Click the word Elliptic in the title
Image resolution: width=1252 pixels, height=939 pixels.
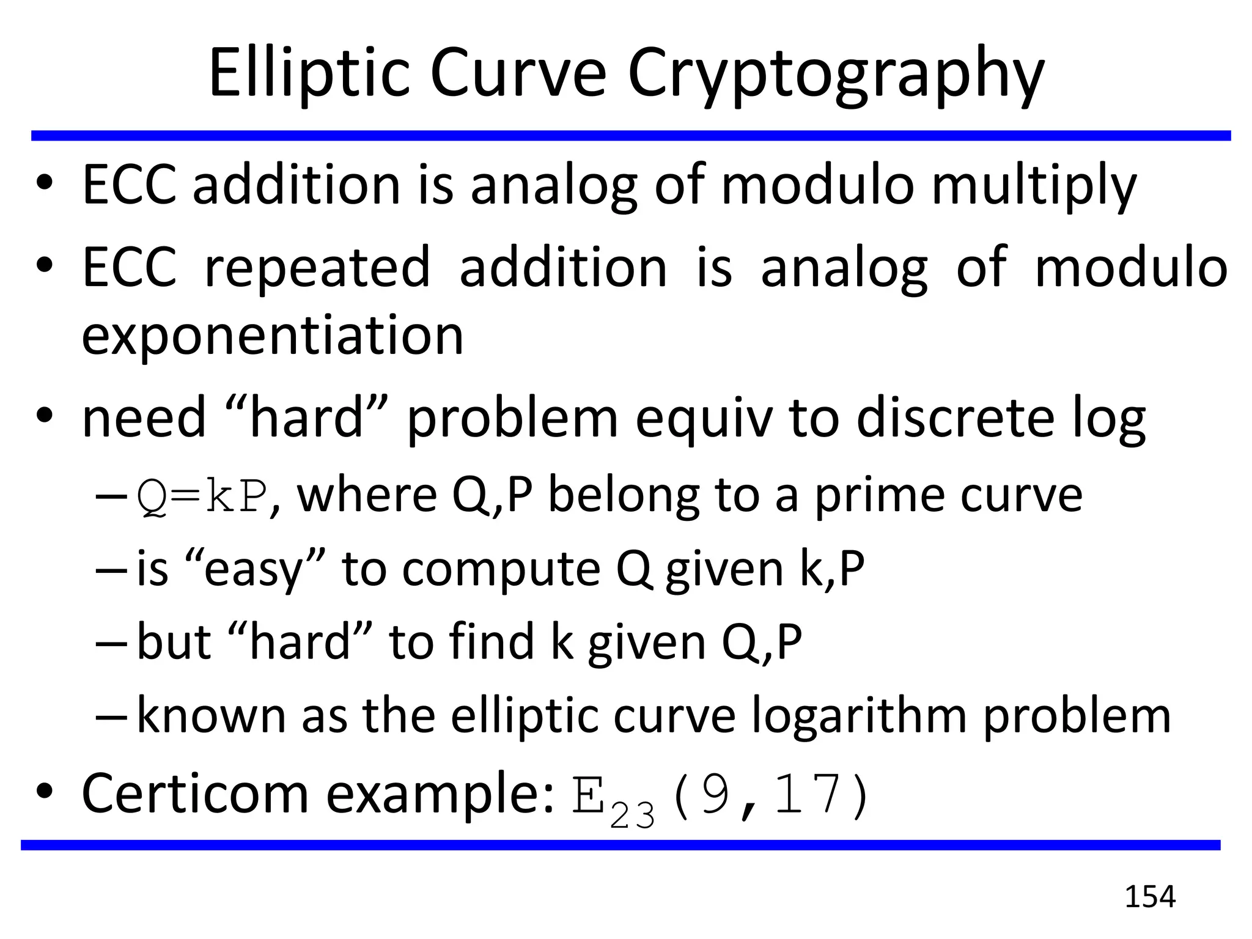[x=309, y=73]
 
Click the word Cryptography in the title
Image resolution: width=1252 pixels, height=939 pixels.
[x=836, y=76]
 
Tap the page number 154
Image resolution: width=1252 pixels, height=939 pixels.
[x=1150, y=897]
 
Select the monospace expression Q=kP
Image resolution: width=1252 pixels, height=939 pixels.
[x=202, y=496]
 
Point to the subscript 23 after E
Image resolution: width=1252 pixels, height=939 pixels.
[x=632, y=815]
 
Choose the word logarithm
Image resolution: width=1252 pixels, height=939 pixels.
[x=858, y=716]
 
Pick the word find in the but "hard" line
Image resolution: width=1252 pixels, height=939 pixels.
[x=492, y=642]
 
